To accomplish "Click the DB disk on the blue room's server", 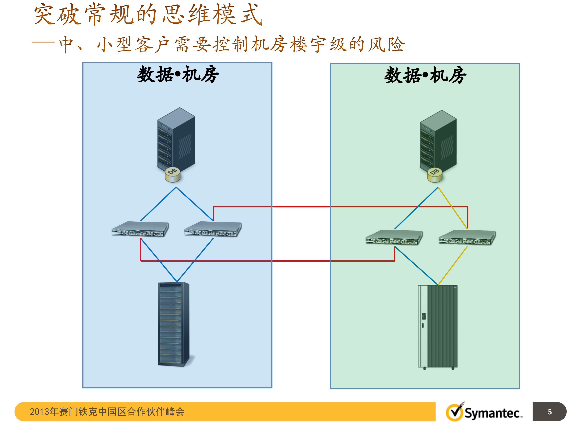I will point(172,175).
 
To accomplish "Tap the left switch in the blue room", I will point(140,229).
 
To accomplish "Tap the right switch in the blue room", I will point(213,229).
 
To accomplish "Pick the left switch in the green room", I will point(394,237).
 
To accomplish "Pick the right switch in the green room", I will point(467,237).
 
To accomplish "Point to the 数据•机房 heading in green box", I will point(425,75).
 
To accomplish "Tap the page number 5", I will point(550,412).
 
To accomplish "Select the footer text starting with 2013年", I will point(107,412).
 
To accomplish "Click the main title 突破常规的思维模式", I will point(148,15).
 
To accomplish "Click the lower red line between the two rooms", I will point(301,261).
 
